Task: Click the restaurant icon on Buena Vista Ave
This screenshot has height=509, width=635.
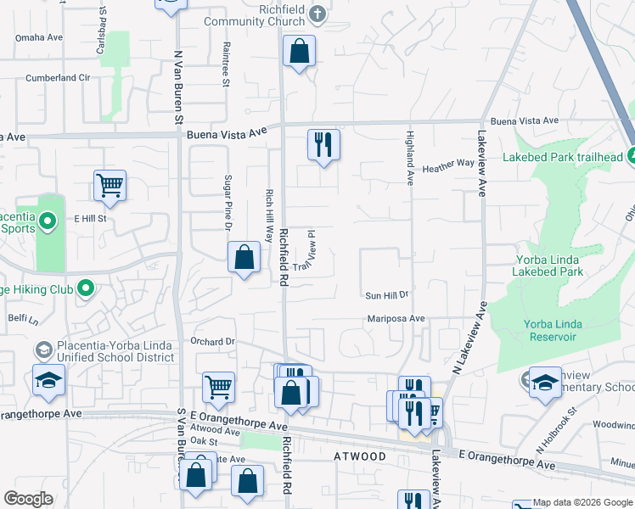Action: (x=323, y=144)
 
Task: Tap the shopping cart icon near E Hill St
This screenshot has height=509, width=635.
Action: (x=110, y=185)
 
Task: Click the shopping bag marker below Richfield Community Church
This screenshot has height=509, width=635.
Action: (x=299, y=51)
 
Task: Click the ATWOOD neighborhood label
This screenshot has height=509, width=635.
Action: (x=362, y=456)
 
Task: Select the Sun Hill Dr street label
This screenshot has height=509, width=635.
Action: (x=387, y=295)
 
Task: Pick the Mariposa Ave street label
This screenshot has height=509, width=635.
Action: (x=396, y=318)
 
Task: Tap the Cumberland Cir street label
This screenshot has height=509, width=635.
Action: (x=58, y=77)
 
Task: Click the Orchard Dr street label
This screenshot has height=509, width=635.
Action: (x=212, y=342)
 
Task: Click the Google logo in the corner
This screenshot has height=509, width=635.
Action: (x=29, y=499)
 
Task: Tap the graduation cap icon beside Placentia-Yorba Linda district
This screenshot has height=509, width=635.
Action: (x=48, y=381)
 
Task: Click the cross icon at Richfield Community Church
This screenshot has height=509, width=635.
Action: (x=317, y=14)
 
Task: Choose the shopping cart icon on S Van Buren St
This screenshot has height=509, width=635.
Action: (x=218, y=387)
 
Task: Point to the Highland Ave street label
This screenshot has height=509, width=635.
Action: (x=408, y=165)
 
